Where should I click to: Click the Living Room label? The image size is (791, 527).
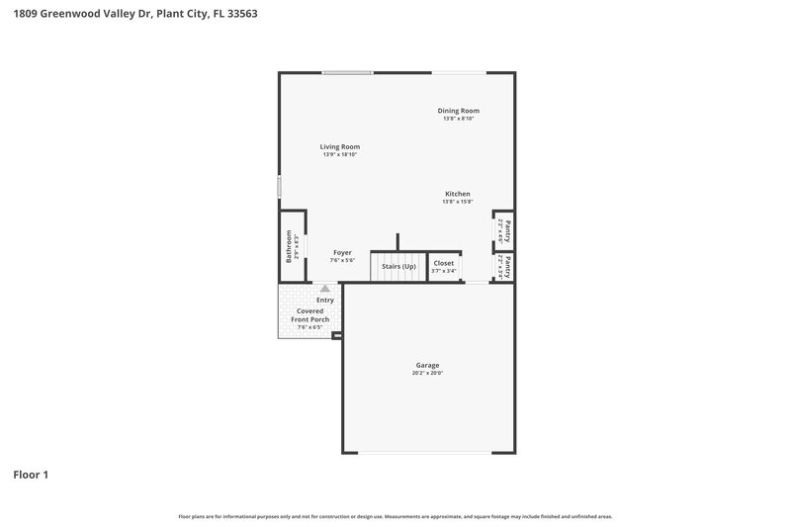339,146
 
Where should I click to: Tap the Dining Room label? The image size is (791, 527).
458,110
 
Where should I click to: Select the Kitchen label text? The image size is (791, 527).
457,194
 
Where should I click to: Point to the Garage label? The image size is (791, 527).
427,365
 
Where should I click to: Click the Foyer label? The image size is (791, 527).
342,252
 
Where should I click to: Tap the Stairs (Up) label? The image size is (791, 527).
398,267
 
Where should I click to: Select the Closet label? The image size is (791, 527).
444,263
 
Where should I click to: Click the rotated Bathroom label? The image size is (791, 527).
289,245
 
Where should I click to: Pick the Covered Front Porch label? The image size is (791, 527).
309,315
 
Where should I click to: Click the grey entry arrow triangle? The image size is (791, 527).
324,288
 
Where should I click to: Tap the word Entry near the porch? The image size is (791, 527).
324,300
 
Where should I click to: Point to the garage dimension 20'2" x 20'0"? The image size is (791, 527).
427,374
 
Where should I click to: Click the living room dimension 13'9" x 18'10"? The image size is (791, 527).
339,155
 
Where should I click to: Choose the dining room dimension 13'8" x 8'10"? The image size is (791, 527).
458,119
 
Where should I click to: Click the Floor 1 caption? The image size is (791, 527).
31,475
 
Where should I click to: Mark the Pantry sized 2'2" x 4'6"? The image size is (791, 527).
506,230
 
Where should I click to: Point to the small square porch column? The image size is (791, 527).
337,336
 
